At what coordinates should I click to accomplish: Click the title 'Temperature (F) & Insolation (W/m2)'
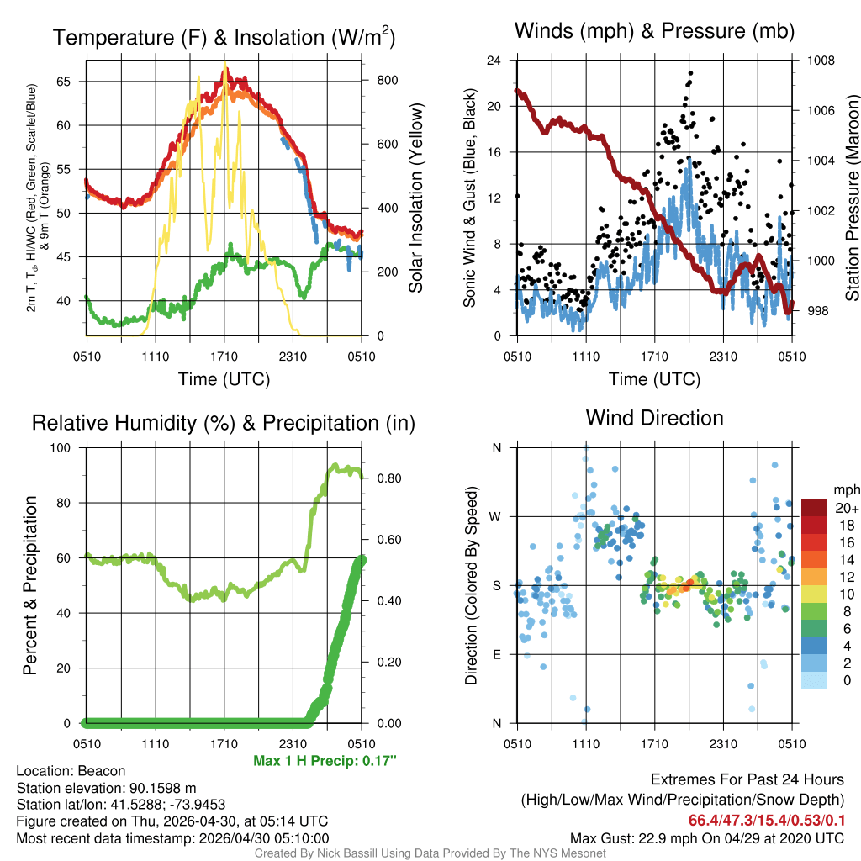[x=224, y=37]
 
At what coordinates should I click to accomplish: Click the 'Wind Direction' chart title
[x=654, y=418]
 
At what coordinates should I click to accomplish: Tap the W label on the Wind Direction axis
[x=496, y=516]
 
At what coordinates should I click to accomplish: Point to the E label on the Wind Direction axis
[x=497, y=654]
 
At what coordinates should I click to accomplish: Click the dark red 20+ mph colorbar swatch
[x=813, y=508]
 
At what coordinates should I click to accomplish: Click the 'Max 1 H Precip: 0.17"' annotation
[x=324, y=761]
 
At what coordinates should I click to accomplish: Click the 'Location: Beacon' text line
[x=71, y=771]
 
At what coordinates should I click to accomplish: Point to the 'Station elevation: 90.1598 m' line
[x=106, y=788]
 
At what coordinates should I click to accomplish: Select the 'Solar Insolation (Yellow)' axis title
[x=415, y=198]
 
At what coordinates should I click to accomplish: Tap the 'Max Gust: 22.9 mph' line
[x=707, y=837]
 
